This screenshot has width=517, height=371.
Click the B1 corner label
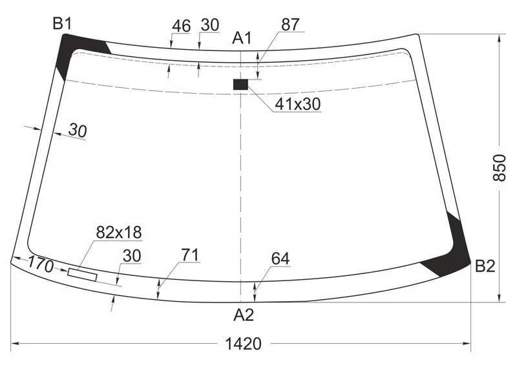pyautogui.click(x=62, y=24)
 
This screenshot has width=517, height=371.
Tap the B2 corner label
pyautogui.click(x=485, y=266)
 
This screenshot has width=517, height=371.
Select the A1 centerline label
pyautogui.click(x=242, y=38)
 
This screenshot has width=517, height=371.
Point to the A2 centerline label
pyautogui.click(x=244, y=315)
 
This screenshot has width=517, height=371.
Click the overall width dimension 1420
pyautogui.click(x=244, y=344)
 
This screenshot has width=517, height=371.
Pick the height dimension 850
pyautogui.click(x=499, y=167)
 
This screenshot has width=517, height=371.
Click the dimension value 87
pyautogui.click(x=290, y=25)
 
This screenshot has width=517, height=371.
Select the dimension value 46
pyautogui.click(x=182, y=26)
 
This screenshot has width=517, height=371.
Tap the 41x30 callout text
pyautogui.click(x=298, y=104)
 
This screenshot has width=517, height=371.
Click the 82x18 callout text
pyautogui.click(x=119, y=232)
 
